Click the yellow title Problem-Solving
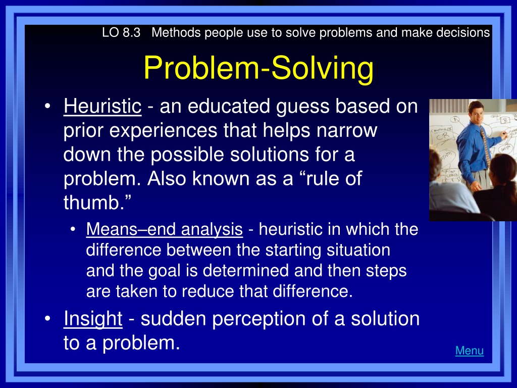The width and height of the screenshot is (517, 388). point(259,68)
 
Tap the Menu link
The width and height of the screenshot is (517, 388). point(470,351)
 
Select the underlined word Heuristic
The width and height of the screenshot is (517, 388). point(102,106)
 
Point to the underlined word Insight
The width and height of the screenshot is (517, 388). point(93,319)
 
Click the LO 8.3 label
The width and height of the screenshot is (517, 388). point(121,33)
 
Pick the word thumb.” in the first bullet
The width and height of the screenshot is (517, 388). point(97,202)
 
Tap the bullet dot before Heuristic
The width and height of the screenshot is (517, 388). point(48,106)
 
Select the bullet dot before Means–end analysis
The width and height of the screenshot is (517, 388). point(73,229)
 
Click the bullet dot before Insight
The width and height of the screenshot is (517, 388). point(48,319)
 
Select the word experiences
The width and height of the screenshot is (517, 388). point(163,131)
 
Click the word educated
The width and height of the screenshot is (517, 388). point(229,106)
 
